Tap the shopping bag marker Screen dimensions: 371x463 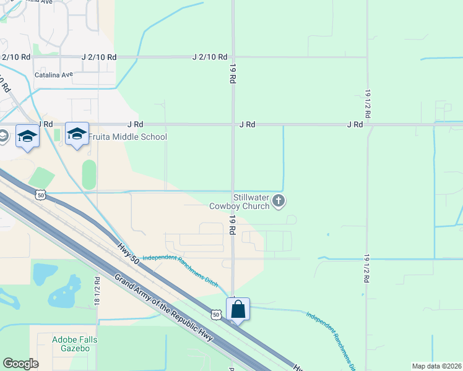238,309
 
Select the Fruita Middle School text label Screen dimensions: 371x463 128,137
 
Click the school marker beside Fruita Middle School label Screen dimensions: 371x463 77,134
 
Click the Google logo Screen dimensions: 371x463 20,364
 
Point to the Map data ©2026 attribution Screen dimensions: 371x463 436,366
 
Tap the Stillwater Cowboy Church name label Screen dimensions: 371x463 239,202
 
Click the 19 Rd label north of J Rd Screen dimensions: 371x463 233,74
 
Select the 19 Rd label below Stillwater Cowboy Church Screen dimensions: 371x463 233,224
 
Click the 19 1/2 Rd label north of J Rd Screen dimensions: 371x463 367,100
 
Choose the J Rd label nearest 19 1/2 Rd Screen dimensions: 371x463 355,124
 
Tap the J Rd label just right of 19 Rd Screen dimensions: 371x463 248,124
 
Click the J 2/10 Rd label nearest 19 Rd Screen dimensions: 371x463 210,57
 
